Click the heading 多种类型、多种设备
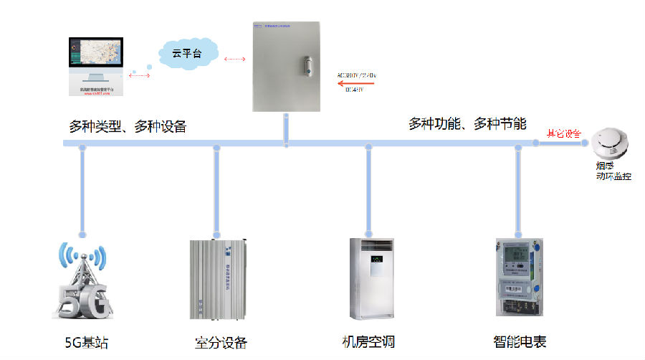[x=128, y=126]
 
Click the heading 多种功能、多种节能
[x=467, y=123]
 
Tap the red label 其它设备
[x=564, y=133]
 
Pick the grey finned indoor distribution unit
[x=219, y=278]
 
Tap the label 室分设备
[x=220, y=341]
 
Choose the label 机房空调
[x=368, y=341]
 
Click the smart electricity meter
[x=517, y=278]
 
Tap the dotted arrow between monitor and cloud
[x=139, y=72]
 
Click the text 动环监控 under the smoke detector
[x=613, y=176]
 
